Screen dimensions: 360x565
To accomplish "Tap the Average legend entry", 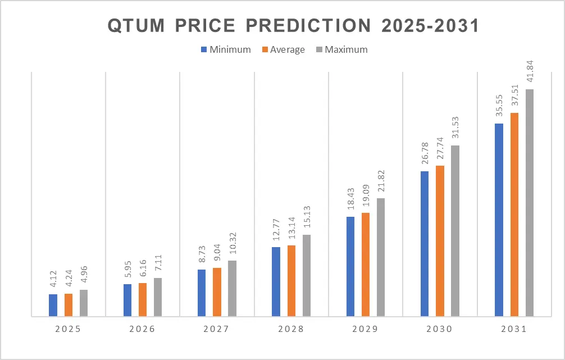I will point(283,49).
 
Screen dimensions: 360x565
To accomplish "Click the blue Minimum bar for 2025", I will point(53,305).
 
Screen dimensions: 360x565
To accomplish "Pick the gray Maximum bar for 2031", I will point(530,202).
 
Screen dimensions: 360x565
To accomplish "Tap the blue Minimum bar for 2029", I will point(350,266).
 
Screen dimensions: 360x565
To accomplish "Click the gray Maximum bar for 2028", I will point(307,275).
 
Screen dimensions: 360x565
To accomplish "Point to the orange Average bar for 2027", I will point(217,291).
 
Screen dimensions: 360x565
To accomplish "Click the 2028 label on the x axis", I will point(291,329).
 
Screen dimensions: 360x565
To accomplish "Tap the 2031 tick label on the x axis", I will point(513,329).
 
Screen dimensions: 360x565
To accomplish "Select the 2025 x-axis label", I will point(68,329).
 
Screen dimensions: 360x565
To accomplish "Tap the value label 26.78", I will point(425,156).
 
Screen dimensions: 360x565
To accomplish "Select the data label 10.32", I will point(233,244).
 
